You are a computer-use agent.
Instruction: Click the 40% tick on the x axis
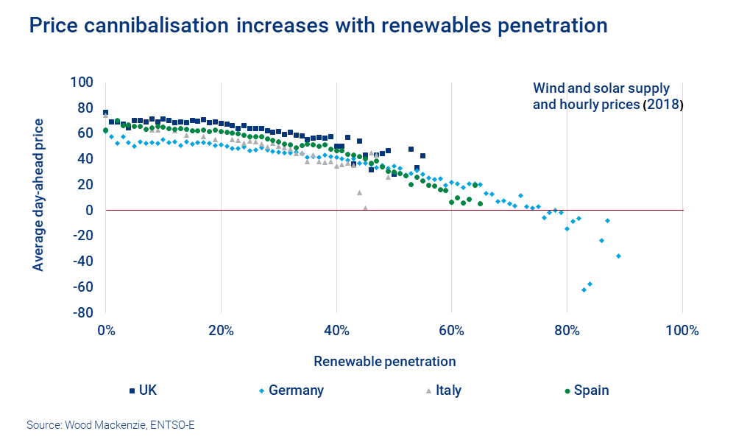coord(336,329)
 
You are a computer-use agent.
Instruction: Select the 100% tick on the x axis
coord(682,329)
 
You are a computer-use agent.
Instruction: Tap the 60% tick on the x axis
coord(451,329)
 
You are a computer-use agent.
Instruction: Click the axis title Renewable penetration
coord(385,362)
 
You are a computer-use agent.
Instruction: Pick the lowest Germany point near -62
coord(584,290)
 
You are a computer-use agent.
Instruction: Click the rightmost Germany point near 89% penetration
coord(619,256)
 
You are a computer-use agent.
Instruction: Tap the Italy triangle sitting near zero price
coord(365,208)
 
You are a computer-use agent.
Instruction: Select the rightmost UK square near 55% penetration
coord(422,155)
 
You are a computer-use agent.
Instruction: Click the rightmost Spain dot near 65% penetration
coord(480,203)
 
